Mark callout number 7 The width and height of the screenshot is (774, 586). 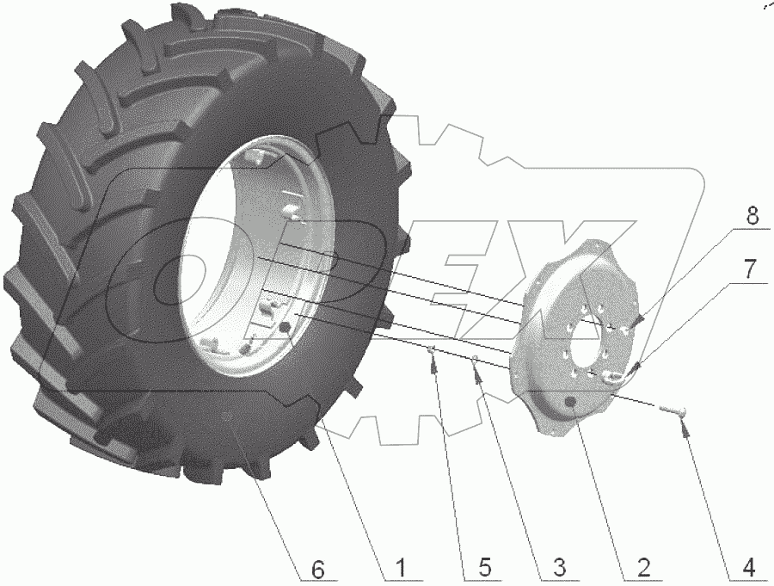[x=750, y=270]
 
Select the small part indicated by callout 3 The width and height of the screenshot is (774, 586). [x=474, y=359]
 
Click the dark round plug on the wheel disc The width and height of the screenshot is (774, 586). [x=571, y=404]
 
